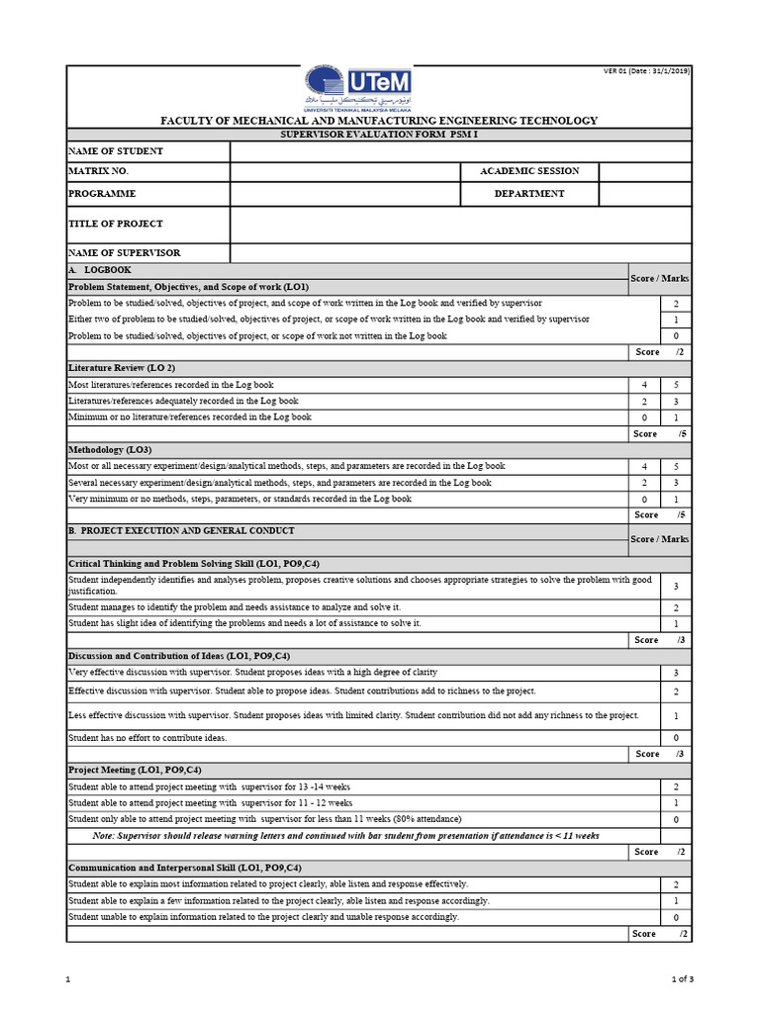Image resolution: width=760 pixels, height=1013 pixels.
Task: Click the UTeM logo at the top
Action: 356,89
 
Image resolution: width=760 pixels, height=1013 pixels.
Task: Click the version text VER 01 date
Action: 646,71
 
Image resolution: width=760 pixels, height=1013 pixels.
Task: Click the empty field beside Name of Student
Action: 460,151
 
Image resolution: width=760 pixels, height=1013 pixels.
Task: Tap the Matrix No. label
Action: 98,171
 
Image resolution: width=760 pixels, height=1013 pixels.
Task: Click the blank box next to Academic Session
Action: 644,171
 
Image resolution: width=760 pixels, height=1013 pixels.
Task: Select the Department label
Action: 529,194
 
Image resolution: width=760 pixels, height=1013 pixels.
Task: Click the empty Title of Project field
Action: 460,225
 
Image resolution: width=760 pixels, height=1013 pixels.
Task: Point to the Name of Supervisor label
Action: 124,253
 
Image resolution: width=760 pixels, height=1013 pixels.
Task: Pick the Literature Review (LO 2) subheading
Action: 121,368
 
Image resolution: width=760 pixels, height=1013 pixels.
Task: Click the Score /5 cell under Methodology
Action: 659,514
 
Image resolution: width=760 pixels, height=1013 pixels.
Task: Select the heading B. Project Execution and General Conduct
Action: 180,531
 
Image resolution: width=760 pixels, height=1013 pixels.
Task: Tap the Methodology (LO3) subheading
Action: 110,449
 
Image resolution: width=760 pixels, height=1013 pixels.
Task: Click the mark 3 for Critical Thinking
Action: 675,587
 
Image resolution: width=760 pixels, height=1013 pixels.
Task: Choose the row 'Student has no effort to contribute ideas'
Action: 147,738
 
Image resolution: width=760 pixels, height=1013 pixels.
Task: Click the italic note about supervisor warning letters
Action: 346,836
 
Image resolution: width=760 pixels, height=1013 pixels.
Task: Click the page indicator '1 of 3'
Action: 682,980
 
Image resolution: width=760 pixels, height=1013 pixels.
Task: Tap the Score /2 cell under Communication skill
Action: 659,934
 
